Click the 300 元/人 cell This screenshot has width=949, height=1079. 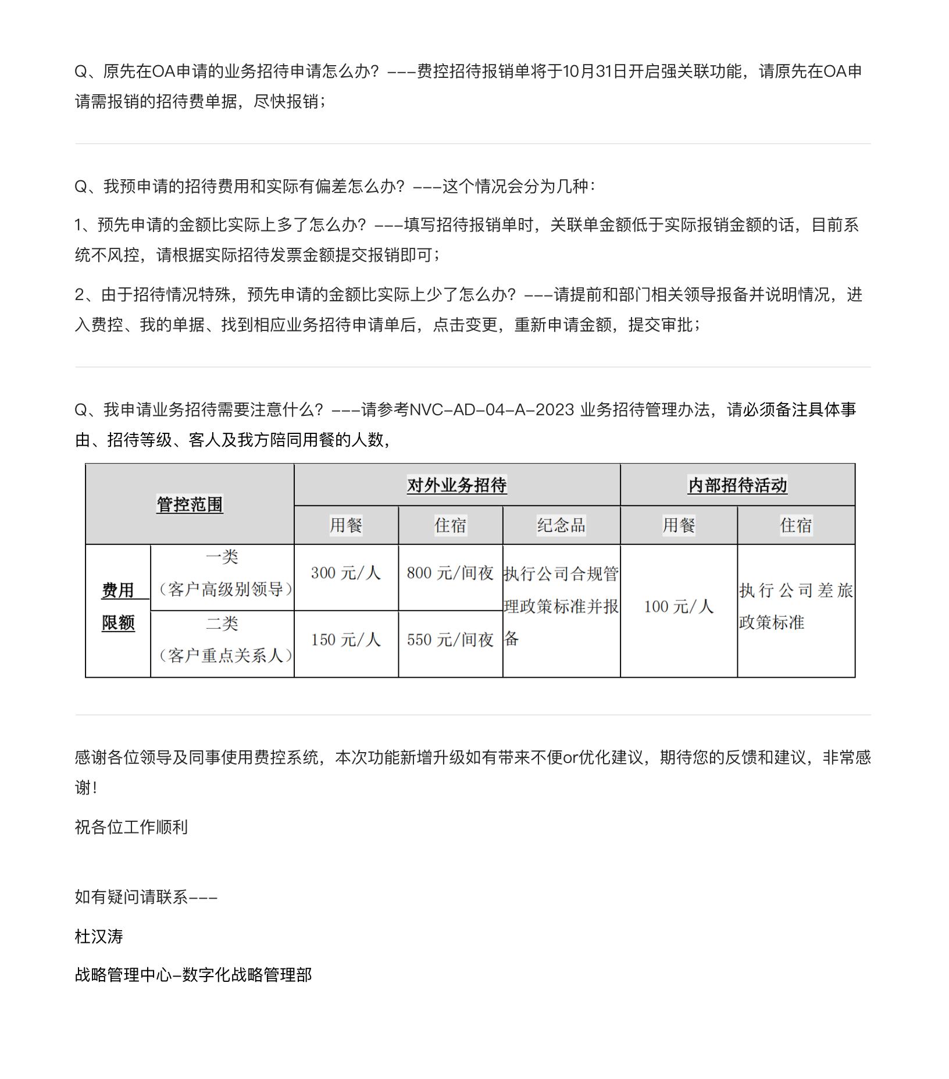(346, 573)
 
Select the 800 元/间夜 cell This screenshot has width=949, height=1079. (450, 573)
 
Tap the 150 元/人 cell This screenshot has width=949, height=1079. (346, 640)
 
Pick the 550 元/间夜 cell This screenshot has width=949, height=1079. (450, 640)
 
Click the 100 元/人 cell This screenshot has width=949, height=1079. (678, 607)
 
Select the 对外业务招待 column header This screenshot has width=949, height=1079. (456, 485)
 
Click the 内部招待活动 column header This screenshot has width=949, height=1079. (737, 485)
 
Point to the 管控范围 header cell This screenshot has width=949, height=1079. (190, 504)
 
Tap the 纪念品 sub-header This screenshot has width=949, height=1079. (561, 525)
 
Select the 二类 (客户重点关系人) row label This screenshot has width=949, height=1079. (222, 640)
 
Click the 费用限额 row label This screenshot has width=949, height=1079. (118, 607)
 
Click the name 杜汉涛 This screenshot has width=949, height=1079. (99, 936)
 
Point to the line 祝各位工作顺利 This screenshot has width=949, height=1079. (131, 827)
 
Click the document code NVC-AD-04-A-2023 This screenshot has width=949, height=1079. (492, 410)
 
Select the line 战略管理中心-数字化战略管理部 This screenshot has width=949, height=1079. (193, 975)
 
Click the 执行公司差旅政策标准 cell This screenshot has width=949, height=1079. (795, 607)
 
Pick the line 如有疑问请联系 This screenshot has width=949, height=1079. (145, 897)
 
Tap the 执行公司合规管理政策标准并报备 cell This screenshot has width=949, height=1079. (561, 607)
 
